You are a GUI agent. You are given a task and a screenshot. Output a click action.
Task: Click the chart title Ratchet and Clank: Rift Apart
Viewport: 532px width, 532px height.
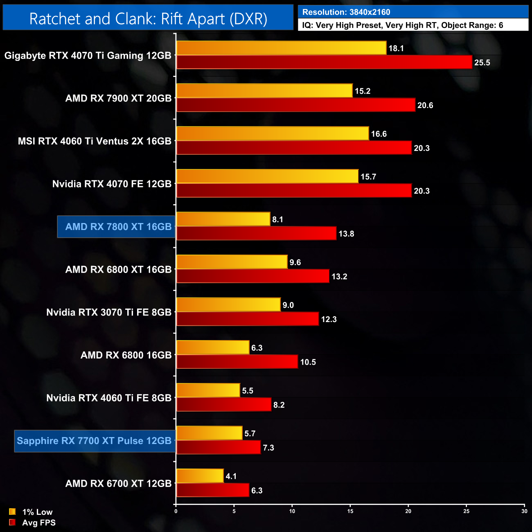click(148, 19)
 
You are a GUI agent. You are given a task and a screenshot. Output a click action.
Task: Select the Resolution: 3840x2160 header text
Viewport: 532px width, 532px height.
click(346, 12)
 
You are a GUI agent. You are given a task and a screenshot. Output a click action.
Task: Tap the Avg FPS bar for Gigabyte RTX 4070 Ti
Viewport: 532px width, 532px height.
click(324, 62)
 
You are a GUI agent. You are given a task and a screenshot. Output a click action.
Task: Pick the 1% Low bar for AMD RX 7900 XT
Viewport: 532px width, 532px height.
click(264, 91)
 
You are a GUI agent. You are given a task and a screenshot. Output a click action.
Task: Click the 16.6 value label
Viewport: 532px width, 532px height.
click(379, 134)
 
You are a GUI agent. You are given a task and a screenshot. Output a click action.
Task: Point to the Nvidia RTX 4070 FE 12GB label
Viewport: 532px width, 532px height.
click(112, 184)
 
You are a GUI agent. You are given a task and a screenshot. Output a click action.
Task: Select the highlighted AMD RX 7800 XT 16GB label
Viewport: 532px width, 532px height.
click(118, 227)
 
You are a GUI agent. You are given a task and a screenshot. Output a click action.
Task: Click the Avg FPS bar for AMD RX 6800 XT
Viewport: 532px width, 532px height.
click(252, 276)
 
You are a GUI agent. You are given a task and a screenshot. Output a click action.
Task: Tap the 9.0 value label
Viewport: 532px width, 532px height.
click(288, 305)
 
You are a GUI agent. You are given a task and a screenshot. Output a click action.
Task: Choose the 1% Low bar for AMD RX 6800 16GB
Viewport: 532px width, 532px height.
click(213, 347)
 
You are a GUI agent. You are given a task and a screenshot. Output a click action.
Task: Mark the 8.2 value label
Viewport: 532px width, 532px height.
click(279, 405)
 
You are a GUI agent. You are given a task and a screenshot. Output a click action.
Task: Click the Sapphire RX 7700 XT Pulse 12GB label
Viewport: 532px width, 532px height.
click(94, 441)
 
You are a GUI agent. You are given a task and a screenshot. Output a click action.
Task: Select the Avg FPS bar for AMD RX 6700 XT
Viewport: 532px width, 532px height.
click(213, 490)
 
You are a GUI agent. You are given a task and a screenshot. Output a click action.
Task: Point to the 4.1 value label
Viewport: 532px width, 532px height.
click(231, 476)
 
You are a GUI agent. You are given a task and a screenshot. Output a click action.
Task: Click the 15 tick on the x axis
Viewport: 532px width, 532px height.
click(350, 511)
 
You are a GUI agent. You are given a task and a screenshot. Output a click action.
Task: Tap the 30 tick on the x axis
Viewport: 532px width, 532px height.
click(524, 511)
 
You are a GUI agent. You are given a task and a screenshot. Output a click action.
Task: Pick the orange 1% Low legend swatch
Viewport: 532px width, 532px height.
click(12, 512)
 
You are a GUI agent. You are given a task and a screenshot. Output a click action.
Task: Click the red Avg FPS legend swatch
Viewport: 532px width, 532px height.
click(12, 522)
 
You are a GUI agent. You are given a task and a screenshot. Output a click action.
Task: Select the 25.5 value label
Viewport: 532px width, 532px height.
click(482, 63)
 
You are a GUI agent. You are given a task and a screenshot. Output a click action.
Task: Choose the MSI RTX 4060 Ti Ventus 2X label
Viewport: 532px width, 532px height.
click(95, 141)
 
